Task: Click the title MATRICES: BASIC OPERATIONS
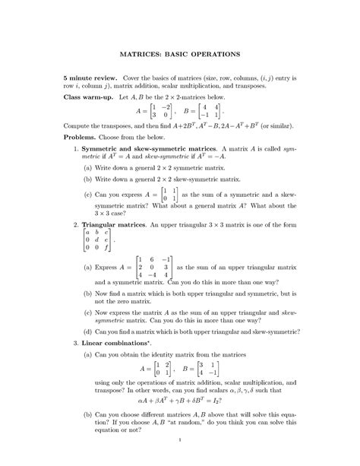180,55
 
